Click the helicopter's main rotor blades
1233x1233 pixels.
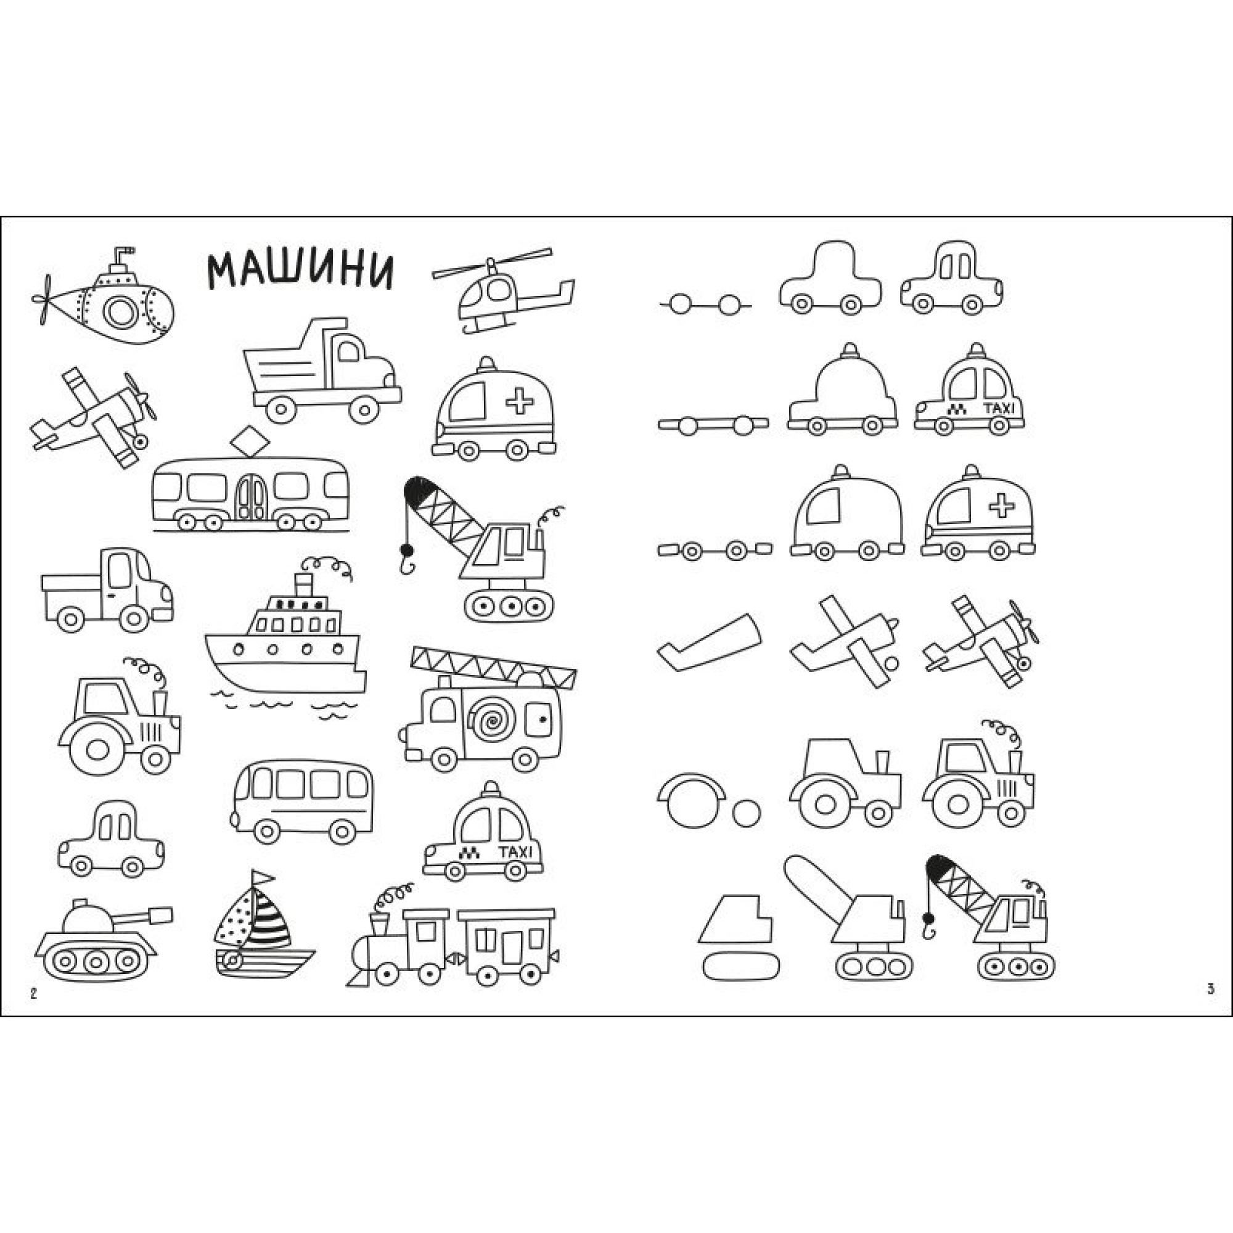[492, 263]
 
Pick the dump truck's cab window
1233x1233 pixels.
[349, 351]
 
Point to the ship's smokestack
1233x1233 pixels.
[304, 584]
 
